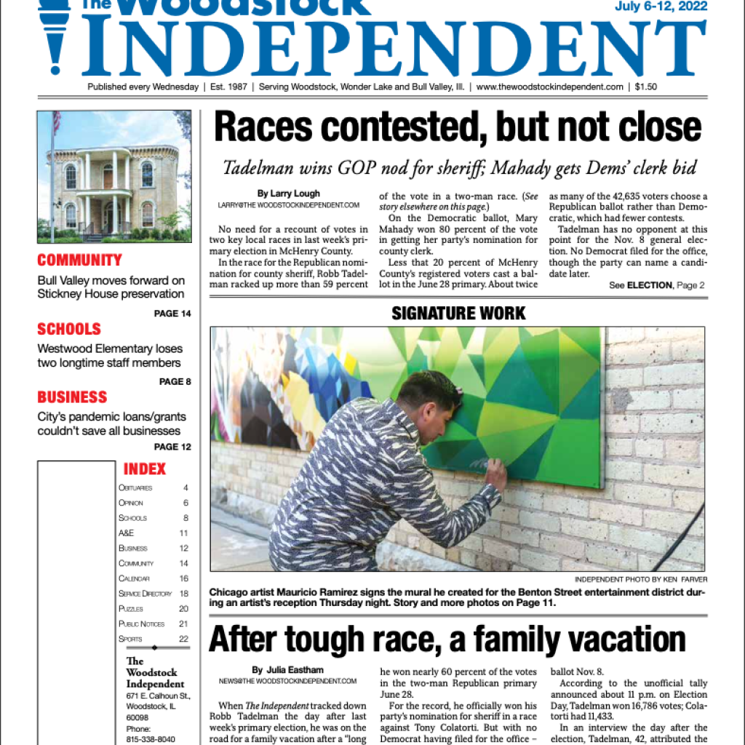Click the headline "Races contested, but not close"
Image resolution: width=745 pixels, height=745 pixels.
[458, 129]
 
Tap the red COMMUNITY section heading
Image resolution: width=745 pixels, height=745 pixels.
[79, 260]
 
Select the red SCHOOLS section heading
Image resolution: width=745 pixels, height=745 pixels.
[69, 329]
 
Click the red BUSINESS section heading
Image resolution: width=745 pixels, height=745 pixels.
[72, 397]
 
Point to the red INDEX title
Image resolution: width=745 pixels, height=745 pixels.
[145, 469]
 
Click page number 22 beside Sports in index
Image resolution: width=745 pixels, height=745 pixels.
[183, 639]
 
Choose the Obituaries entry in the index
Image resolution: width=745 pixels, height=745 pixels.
[135, 487]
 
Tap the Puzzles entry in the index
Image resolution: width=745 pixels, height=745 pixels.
[131, 608]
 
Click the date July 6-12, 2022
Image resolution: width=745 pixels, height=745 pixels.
[660, 7]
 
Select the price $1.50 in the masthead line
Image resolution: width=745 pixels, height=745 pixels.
[645, 87]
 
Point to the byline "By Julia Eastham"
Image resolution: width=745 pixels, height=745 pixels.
[287, 670]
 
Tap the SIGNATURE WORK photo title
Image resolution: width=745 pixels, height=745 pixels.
[458, 314]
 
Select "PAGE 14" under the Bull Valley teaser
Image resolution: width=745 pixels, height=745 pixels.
[172, 314]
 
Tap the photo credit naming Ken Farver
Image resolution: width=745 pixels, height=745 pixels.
[640, 579]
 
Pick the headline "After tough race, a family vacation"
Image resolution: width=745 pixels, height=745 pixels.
[447, 640]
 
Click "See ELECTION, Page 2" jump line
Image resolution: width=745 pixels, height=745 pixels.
[656, 285]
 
